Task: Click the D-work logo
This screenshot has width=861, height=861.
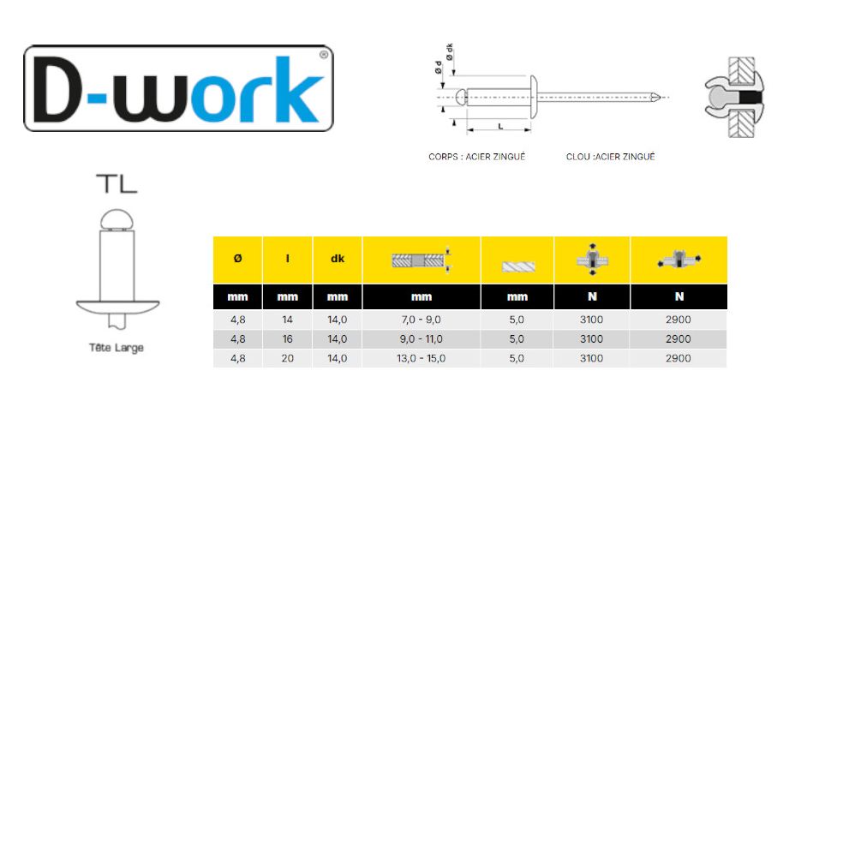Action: [x=178, y=89]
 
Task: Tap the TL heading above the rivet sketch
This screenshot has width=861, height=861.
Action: [x=117, y=183]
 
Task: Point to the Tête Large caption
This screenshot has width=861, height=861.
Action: [x=117, y=349]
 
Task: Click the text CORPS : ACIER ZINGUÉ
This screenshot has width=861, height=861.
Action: [x=476, y=158]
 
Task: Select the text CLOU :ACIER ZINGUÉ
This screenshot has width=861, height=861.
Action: [x=610, y=158]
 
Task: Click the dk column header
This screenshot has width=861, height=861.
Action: [x=338, y=259]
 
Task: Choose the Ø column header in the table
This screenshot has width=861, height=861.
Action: [x=237, y=259]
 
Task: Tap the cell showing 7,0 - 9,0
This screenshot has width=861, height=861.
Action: [x=422, y=320]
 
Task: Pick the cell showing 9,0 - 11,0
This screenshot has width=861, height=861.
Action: [x=422, y=339]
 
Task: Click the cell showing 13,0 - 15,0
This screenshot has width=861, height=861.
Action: [x=422, y=358]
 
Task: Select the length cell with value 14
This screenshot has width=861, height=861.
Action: [x=288, y=320]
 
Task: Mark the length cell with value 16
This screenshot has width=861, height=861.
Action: [x=288, y=339]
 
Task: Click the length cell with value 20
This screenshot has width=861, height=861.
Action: [x=288, y=358]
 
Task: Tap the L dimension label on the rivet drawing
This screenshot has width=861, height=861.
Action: [x=499, y=126]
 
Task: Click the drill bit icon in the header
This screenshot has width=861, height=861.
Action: [x=517, y=266]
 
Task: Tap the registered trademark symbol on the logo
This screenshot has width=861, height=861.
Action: [x=323, y=54]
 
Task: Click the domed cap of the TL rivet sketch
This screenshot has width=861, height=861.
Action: [x=117, y=219]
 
